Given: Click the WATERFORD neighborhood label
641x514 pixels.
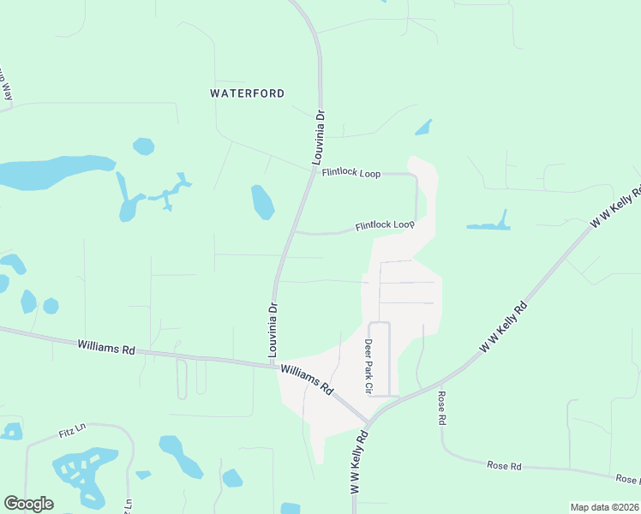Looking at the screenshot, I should (247, 93).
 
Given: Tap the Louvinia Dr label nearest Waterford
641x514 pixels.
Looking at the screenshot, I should (318, 137).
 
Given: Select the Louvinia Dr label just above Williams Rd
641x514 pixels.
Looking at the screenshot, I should (273, 330).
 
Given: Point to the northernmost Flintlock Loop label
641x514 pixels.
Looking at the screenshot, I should (351, 173).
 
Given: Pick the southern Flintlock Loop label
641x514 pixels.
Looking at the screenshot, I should (385, 225).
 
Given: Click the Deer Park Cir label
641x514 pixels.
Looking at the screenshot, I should (369, 366).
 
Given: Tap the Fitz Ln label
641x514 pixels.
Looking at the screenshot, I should (74, 426).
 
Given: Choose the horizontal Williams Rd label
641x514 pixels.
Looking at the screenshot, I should (106, 349).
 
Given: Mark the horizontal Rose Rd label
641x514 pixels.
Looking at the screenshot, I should (505, 465).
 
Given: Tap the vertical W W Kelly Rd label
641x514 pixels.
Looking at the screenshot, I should (358, 463).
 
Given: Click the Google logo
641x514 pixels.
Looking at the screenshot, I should (28, 504).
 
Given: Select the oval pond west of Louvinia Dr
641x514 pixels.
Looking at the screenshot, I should (262, 202).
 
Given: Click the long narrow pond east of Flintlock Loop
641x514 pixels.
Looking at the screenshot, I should (489, 225).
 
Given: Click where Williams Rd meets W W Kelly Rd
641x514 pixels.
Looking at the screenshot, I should (367, 422).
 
